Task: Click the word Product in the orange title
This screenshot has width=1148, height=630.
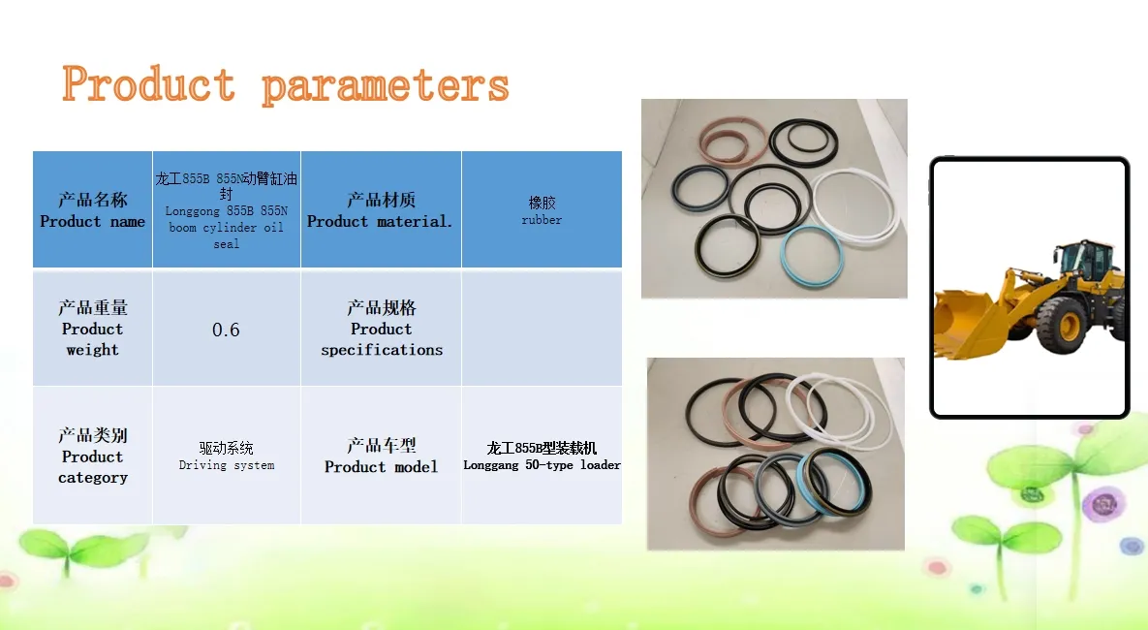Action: pos(148,83)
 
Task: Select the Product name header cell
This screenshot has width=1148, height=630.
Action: pos(92,209)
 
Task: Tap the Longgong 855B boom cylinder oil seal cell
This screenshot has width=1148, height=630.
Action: pos(227,209)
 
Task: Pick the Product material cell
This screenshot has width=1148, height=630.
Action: pos(381,209)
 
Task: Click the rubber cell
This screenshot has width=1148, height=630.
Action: pos(542,209)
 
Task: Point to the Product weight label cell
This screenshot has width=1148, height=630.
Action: pos(92,329)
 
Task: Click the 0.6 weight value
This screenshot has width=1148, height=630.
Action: pos(227,330)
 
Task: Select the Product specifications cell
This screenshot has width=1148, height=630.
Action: pos(381,329)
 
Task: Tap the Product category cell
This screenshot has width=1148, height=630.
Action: pos(92,456)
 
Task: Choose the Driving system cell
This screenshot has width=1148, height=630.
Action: pos(227,456)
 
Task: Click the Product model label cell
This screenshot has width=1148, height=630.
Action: pos(381,456)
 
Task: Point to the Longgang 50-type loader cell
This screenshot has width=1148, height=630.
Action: pos(542,456)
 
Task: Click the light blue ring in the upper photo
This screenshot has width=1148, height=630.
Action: pos(784,256)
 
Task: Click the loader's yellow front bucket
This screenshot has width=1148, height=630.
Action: pos(967,323)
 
